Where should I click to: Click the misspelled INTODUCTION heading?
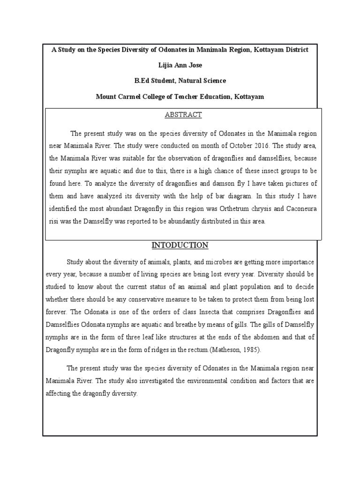180,246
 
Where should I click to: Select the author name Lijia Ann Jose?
180,65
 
